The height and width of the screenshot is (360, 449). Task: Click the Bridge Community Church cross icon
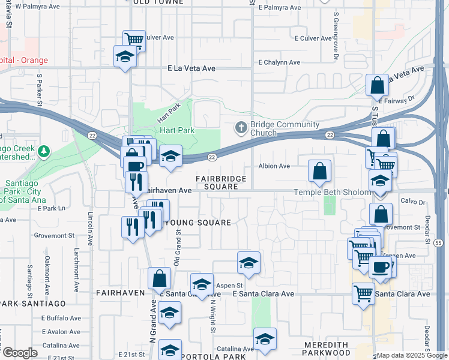pos(241,127)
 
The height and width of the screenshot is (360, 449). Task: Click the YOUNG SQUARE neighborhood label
pos(197,223)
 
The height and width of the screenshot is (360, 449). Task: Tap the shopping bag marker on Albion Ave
pos(320,171)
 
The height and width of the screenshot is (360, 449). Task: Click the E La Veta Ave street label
pos(191,68)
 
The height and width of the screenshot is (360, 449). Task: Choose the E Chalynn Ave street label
pos(279,62)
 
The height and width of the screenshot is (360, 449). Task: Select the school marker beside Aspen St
pos(202,284)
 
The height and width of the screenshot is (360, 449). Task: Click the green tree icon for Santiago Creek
pos(43,152)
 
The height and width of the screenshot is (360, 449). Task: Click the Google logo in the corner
pos(20,353)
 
